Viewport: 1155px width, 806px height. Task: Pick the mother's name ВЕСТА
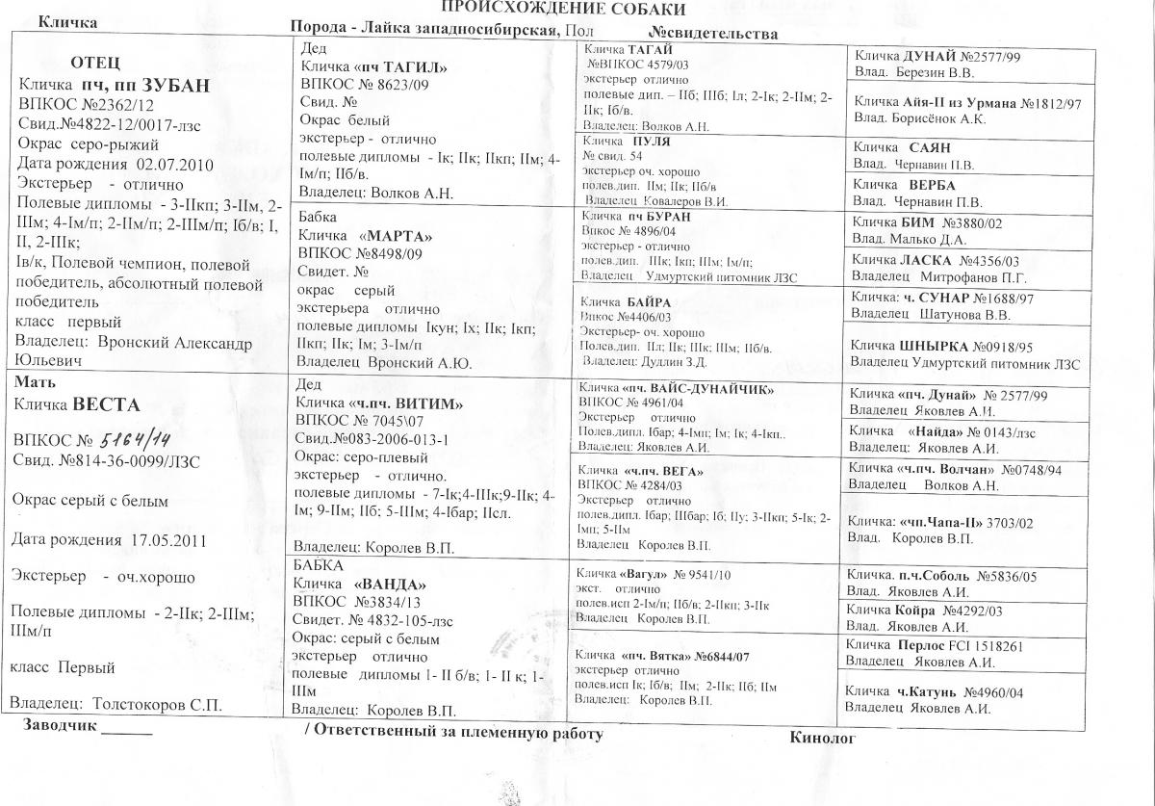point(107,404)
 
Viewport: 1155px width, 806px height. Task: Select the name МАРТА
point(395,237)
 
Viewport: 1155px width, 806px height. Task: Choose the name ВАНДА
point(393,585)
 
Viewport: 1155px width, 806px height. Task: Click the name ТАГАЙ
point(654,49)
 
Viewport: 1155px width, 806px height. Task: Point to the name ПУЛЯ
point(653,141)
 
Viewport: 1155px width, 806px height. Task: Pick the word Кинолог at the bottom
point(822,738)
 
